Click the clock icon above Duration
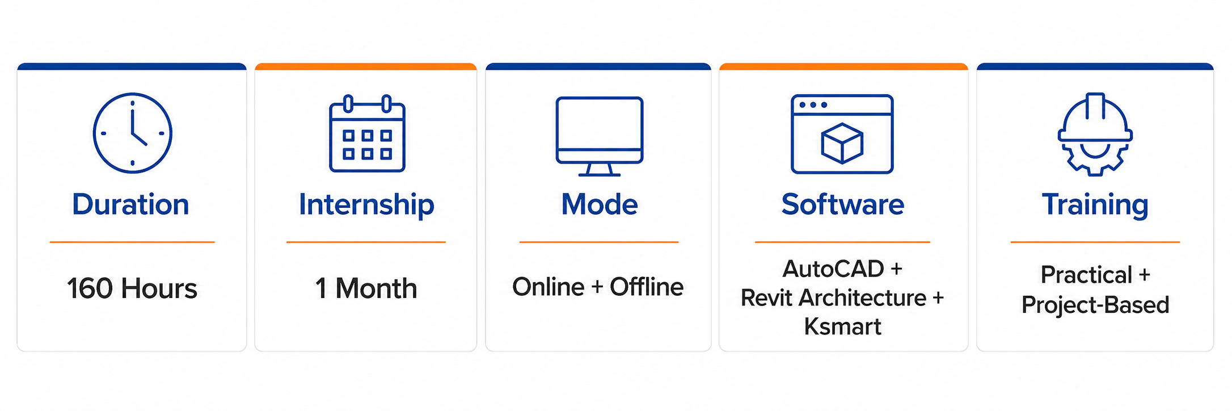click(x=132, y=133)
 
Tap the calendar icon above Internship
click(x=367, y=133)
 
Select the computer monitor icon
click(x=599, y=136)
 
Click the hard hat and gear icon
click(x=1095, y=135)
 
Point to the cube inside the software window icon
click(x=842, y=143)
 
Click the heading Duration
click(x=130, y=204)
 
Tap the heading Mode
click(x=599, y=204)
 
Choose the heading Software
click(x=842, y=204)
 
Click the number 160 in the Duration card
click(x=90, y=288)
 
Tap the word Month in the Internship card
click(x=376, y=288)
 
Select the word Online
click(x=548, y=287)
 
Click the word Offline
click(x=647, y=287)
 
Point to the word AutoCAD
click(x=833, y=269)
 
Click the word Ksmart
click(x=842, y=327)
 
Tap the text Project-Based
click(x=1095, y=305)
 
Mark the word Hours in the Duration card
click(x=159, y=288)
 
